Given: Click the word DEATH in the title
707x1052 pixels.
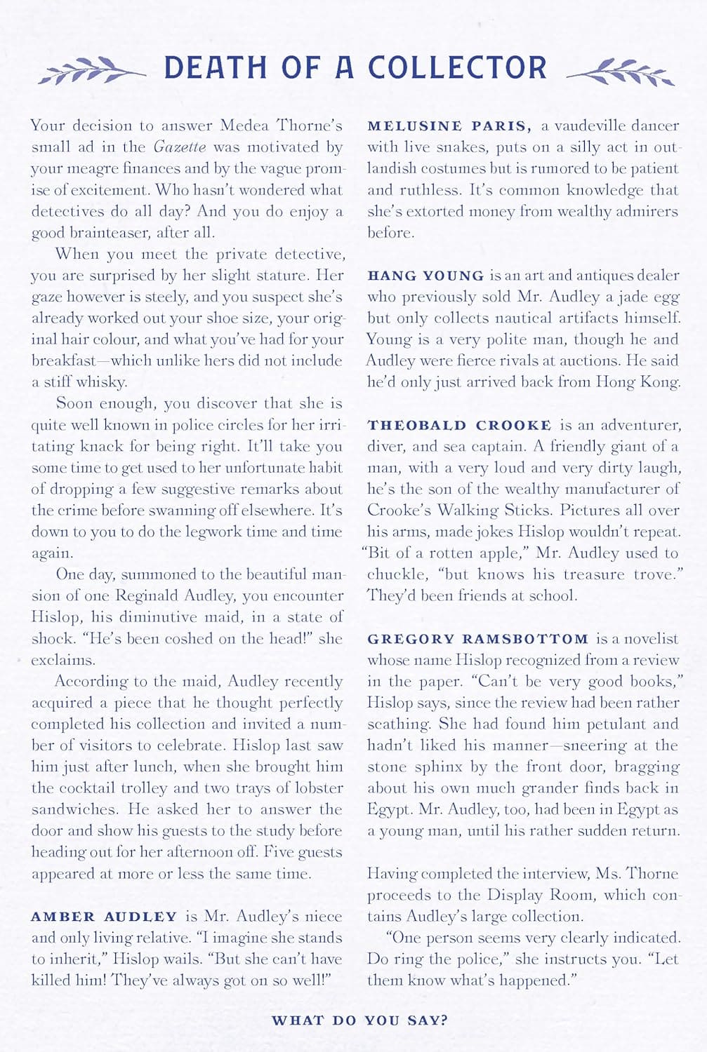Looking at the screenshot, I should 216,68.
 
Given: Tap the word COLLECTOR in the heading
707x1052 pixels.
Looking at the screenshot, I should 457,68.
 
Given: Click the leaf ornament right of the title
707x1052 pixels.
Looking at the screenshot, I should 621,71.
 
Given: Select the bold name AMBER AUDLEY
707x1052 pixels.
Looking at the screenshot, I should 104,917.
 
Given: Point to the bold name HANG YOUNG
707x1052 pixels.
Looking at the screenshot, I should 425,276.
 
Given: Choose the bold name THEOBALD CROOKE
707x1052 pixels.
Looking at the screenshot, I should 459,425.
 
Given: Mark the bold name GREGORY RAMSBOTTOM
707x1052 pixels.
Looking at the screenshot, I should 477,639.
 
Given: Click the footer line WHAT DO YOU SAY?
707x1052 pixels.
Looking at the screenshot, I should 359,1020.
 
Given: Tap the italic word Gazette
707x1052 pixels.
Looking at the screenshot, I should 180,147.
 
